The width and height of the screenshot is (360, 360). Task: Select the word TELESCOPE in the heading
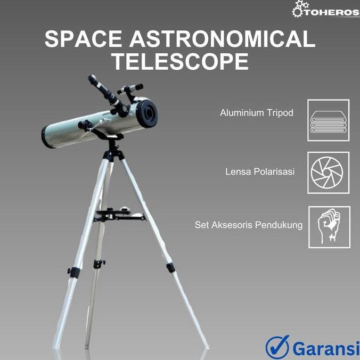click(180, 62)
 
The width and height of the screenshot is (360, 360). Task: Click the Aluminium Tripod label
click(257, 113)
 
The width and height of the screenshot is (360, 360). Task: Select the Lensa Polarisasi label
click(260, 172)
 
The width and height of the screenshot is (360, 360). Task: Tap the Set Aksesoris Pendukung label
click(249, 225)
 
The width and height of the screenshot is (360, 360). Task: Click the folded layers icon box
click(328, 120)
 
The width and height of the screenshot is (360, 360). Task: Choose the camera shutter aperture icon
click(328, 173)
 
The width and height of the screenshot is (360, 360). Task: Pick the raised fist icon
click(329, 227)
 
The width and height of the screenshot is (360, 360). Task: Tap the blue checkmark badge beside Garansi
click(277, 347)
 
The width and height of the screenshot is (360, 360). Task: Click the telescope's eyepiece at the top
click(95, 81)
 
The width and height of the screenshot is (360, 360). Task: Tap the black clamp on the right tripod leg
click(170, 267)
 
